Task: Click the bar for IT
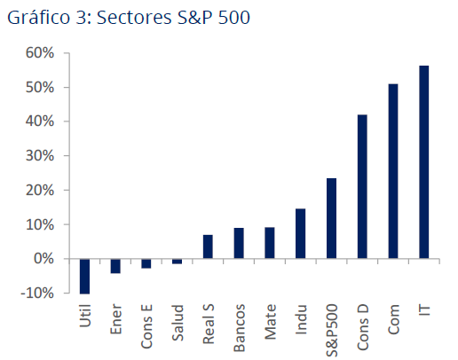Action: pyautogui.click(x=423, y=162)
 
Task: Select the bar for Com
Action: pyautogui.click(x=393, y=171)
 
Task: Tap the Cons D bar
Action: pyautogui.click(x=362, y=186)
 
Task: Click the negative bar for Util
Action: pyautogui.click(x=85, y=276)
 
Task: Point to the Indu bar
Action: pyautogui.click(x=300, y=233)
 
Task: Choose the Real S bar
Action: pyautogui.click(x=208, y=247)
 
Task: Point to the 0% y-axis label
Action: pyautogui.click(x=44, y=259)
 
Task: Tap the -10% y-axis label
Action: pyautogui.click(x=39, y=293)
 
